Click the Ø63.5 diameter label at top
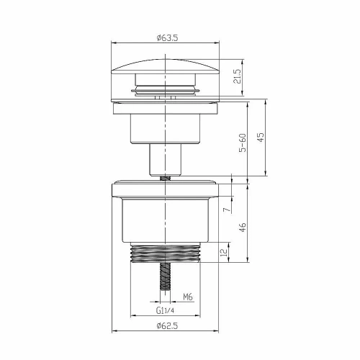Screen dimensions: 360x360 point(166,37)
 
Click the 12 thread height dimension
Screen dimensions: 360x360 point(226,253)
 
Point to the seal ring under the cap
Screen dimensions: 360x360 point(166,91)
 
